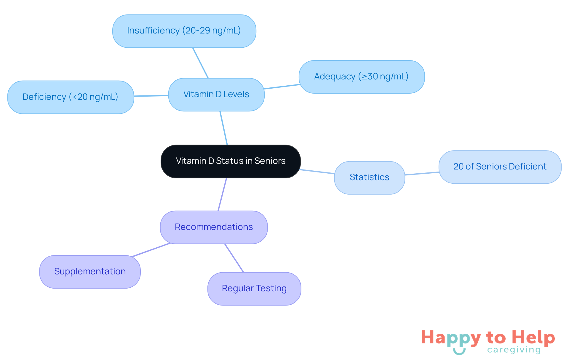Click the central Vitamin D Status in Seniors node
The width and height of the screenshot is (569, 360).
click(231, 161)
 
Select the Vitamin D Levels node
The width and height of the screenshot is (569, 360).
click(216, 95)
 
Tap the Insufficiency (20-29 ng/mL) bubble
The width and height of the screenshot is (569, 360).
click(184, 31)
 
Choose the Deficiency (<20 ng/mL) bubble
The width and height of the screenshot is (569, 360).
click(71, 97)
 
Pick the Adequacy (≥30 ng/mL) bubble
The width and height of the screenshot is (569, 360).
click(362, 77)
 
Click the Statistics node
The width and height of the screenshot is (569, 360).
click(369, 177)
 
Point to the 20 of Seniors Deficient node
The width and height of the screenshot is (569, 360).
click(500, 167)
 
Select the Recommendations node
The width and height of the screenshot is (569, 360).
click(214, 227)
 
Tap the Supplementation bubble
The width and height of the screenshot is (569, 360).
click(90, 272)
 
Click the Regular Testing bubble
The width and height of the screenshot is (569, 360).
click(254, 289)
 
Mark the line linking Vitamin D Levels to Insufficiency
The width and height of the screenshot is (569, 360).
click(201, 63)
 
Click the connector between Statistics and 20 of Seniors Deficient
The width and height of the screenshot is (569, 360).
click(422, 173)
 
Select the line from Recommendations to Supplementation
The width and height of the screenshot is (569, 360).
click(151, 249)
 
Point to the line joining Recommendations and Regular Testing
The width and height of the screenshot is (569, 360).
click(234, 258)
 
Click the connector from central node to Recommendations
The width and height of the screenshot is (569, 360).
click(222, 194)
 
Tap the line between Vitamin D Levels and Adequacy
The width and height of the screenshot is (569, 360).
click(282, 87)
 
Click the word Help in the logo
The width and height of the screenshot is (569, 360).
click(533, 337)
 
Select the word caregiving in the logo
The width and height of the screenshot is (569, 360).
click(514, 350)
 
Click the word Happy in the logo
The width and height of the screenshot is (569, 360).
click(451, 338)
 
